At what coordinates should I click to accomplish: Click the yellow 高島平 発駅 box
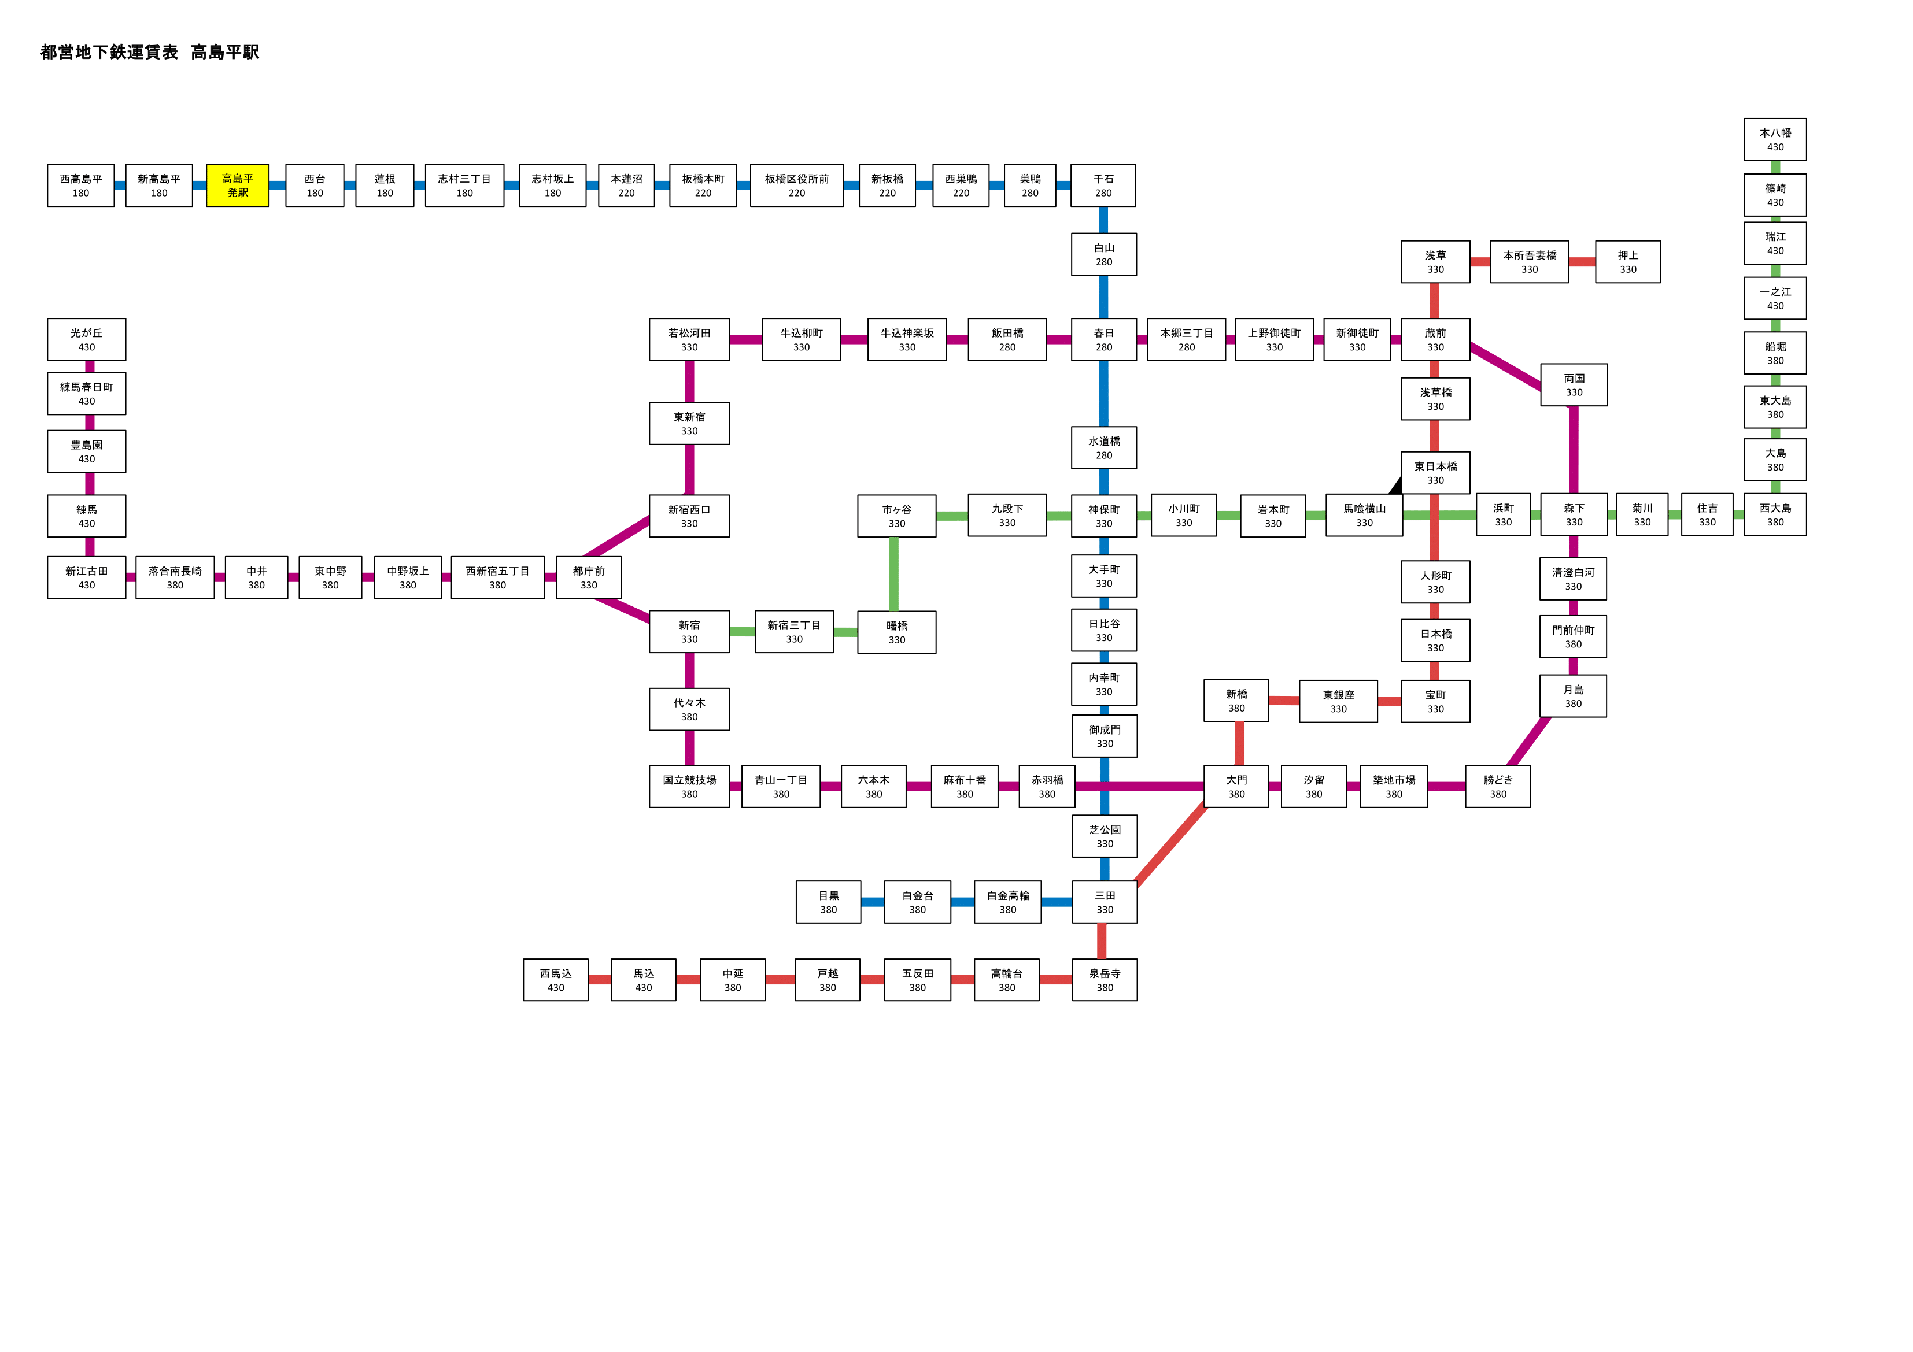(x=238, y=185)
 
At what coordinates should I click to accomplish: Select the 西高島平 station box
(x=81, y=185)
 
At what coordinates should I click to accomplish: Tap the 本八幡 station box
(x=1775, y=139)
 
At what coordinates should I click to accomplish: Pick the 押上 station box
(x=1627, y=262)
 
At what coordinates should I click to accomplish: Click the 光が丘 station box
(x=87, y=339)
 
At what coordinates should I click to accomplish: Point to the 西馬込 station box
(x=556, y=980)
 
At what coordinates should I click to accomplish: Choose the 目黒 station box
(x=828, y=902)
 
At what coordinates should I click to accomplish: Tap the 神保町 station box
(x=1104, y=516)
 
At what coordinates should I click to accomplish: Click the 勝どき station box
(x=1497, y=786)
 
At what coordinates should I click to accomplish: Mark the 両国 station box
(x=1574, y=385)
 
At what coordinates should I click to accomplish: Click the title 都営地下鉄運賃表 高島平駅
(x=150, y=51)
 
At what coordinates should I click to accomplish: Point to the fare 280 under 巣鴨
(x=1030, y=193)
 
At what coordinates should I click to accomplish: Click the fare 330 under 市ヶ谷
(x=896, y=524)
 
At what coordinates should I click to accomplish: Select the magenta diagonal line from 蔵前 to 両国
(x=1505, y=366)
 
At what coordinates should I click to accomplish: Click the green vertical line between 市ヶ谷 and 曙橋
(x=894, y=574)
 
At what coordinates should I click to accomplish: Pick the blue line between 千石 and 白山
(x=1103, y=220)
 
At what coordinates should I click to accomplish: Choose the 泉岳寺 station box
(x=1105, y=980)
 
